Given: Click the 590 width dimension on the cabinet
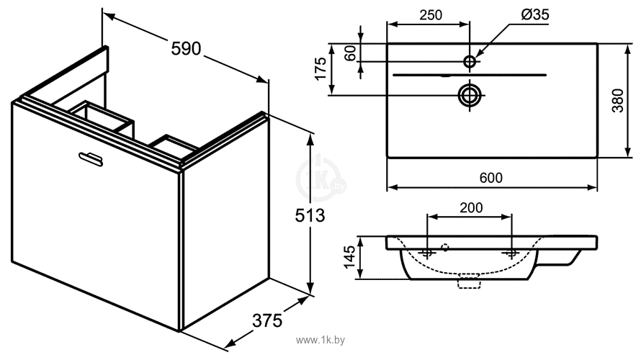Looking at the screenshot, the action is point(186,49).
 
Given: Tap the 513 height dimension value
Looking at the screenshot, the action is point(310,215).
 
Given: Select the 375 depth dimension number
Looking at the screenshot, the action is point(267,320).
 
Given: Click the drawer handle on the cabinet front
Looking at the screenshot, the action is point(90,158).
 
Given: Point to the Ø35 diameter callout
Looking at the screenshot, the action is point(534,14).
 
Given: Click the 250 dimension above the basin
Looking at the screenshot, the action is point(431,15).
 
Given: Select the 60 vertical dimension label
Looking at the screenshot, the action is point(351,53).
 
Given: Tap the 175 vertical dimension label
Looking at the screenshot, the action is point(320,68).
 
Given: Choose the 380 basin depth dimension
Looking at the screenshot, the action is point(617,100).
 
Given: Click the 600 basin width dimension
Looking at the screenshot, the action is point(490,178).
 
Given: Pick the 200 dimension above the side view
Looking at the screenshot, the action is point(471,207).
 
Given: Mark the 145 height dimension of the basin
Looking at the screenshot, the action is point(349,257).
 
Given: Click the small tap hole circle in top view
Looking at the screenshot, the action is point(470,62).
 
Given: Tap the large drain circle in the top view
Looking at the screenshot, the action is point(470,95).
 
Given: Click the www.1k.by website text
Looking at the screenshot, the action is point(320,340).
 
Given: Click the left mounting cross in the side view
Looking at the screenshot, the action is point(427,253).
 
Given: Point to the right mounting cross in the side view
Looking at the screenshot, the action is point(511,253).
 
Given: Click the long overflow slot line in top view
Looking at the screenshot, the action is point(470,75).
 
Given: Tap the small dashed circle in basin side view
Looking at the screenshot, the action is point(445,247).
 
